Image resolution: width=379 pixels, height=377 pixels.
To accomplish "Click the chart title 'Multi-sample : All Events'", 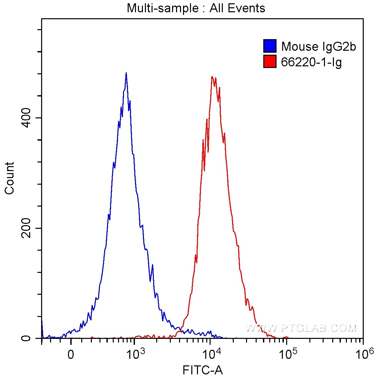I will coord(196,8).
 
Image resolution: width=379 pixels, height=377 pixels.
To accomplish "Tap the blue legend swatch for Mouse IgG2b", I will coord(270,46).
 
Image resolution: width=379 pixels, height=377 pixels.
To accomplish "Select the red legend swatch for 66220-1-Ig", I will coord(270,62).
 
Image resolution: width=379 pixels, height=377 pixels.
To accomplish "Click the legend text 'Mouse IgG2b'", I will coord(318,46).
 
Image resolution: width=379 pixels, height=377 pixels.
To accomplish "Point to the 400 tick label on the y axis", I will coord(27,118).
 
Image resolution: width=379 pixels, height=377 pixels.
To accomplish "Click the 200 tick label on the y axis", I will coord(27,228).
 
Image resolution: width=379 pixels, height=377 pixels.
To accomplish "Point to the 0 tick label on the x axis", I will coord(71,354).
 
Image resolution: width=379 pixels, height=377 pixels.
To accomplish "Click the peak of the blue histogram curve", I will coord(126,73).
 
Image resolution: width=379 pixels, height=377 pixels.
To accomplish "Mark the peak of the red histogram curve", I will coord(212,77).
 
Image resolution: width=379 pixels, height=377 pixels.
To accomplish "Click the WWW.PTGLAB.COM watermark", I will coord(301,328).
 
